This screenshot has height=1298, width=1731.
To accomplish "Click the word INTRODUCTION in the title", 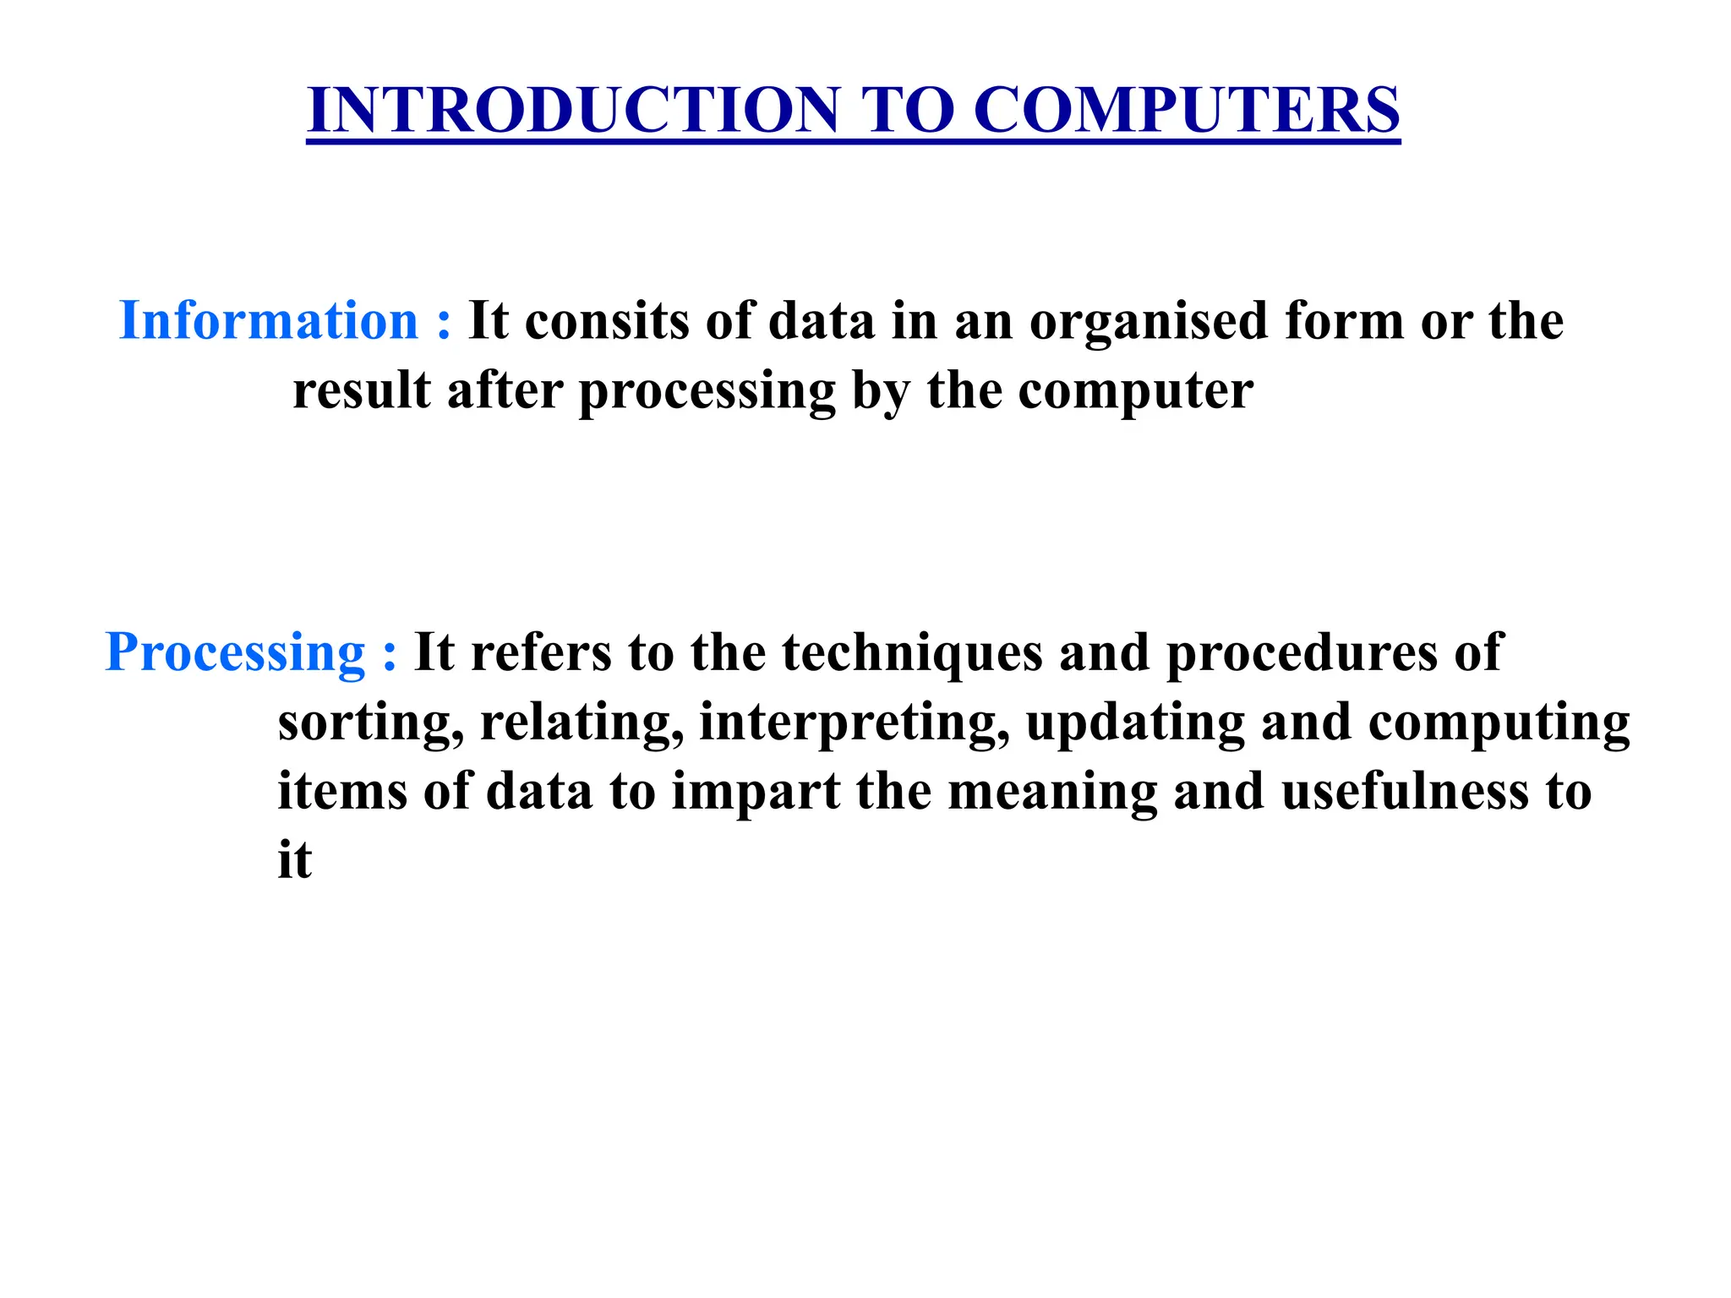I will pos(574,111).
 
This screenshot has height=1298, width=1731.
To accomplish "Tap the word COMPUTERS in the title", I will pos(1187,111).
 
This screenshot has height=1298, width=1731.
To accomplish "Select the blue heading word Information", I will pos(269,321).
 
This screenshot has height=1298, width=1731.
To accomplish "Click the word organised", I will pos(1149,321).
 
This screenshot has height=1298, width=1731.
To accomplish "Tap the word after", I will pos(505,390).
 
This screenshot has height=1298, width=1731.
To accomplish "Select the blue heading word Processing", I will pos(235,653).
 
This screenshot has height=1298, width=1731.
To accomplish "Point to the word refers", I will pos(541,653).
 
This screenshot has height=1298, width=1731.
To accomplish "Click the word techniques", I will pos(912,653).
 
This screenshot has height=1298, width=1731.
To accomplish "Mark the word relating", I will pos(582,723).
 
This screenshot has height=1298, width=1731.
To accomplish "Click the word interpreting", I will pos(854,723).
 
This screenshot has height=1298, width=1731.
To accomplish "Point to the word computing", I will pos(1499,723).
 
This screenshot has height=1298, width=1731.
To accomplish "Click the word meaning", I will pos(1052,793).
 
